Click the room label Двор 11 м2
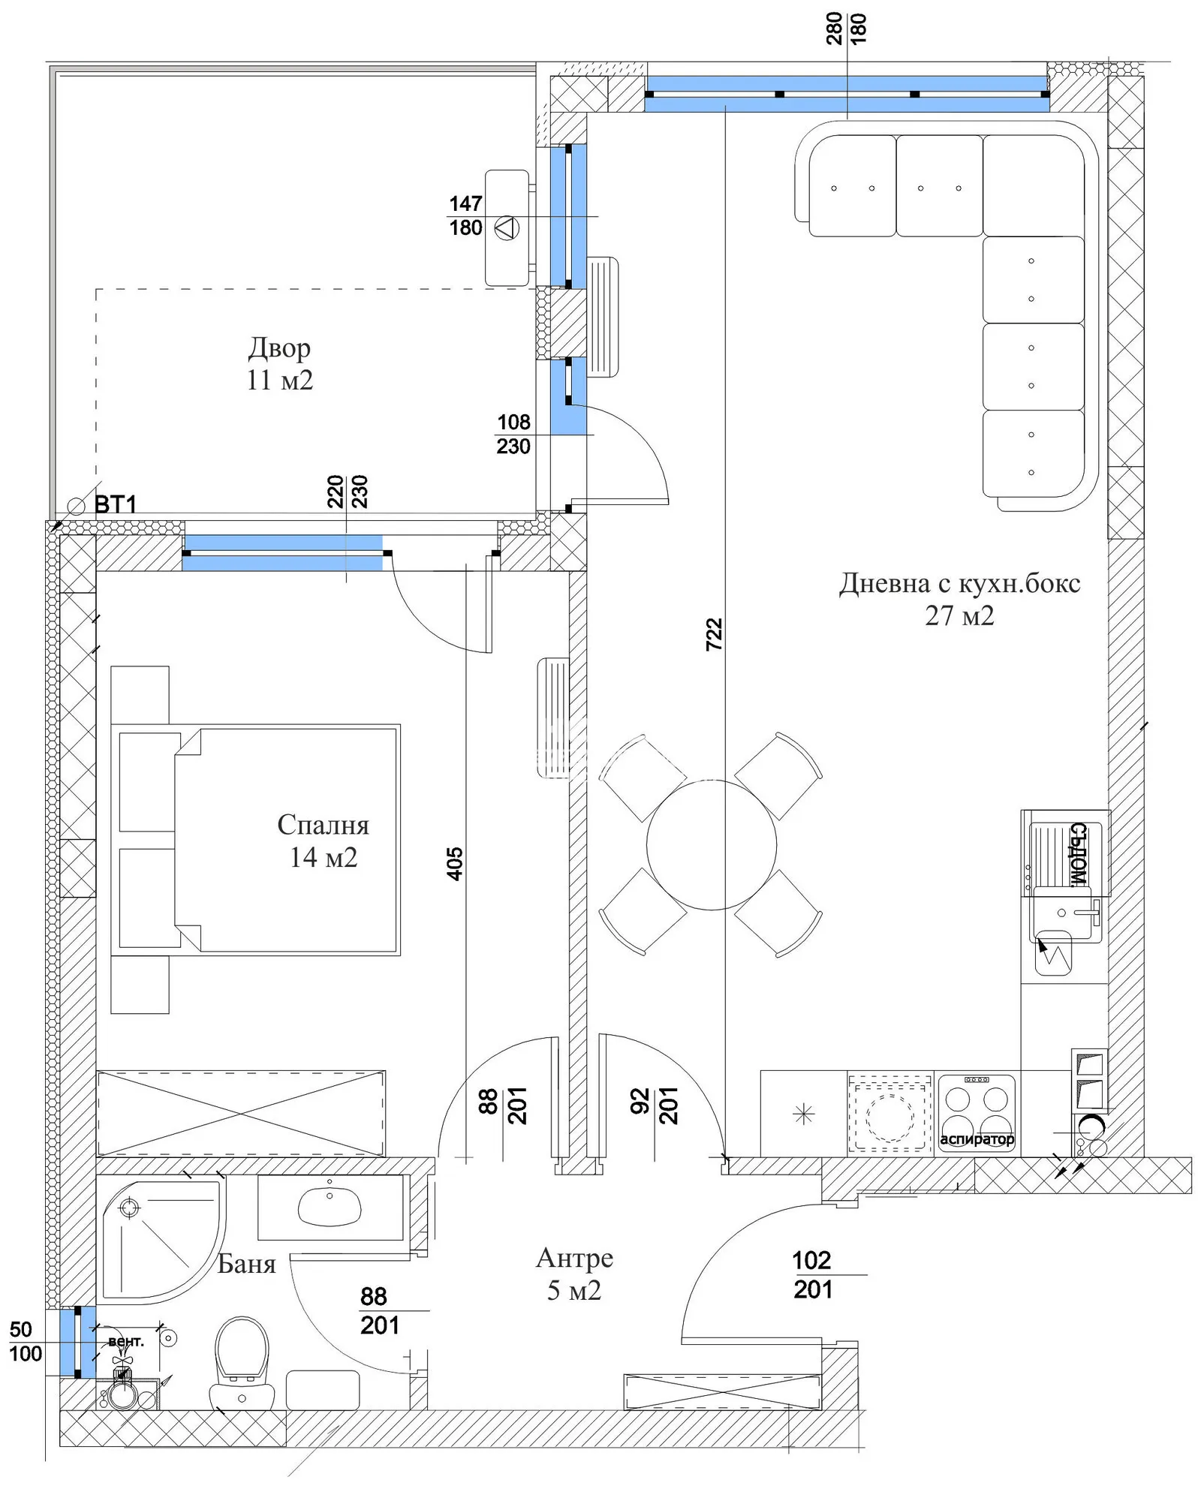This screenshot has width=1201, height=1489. tap(279, 364)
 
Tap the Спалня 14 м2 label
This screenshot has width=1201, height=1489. tap(324, 841)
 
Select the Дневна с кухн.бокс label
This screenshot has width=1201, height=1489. tap(959, 583)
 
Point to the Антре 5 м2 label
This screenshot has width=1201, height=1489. tap(574, 1274)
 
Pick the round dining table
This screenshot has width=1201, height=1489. tap(711, 844)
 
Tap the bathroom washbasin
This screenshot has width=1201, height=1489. tap(330, 1205)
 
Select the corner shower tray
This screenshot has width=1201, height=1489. tap(162, 1241)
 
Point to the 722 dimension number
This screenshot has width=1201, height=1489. tap(714, 634)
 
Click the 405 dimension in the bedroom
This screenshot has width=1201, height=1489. tap(454, 864)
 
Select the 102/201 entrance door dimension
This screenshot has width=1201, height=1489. tap(813, 1274)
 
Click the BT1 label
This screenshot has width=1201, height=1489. tap(116, 504)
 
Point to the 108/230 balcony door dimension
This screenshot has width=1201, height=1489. tap(513, 434)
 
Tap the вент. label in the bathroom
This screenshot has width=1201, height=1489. tap(126, 1340)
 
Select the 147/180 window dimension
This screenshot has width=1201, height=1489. tap(465, 215)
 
